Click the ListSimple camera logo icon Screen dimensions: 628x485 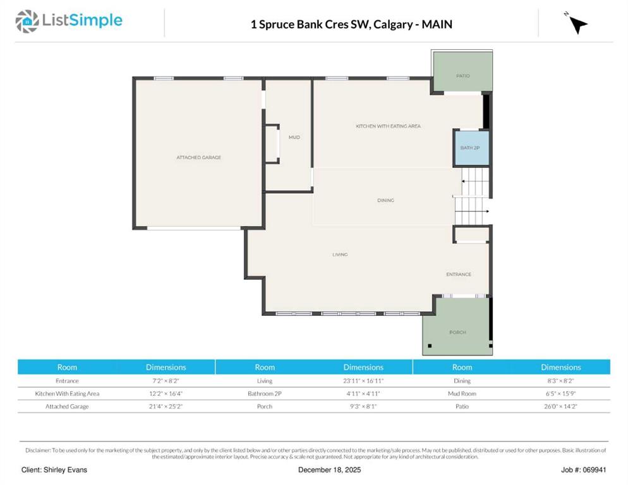[27, 21]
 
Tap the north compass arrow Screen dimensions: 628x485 [578, 25]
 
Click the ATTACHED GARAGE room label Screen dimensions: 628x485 [198, 157]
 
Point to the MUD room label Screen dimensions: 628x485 [294, 137]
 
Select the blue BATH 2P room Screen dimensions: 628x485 [471, 148]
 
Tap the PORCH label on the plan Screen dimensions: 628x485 [458, 332]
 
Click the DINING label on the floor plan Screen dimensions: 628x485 [385, 200]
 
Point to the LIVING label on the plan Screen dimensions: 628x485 [340, 254]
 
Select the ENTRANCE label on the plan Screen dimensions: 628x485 [459, 274]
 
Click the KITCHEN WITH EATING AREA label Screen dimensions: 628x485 [388, 126]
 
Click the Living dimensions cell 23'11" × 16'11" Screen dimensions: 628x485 [363, 381]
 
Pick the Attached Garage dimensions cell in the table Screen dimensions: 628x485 [166, 407]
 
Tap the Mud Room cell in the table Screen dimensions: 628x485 [462, 393]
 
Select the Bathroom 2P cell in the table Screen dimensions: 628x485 [264, 393]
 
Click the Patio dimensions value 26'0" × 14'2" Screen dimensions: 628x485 [561, 407]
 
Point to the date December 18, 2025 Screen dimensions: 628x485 [329, 470]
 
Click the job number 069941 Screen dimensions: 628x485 [595, 470]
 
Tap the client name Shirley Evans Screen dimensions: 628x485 [65, 470]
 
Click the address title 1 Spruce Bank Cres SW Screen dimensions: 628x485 [310, 25]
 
